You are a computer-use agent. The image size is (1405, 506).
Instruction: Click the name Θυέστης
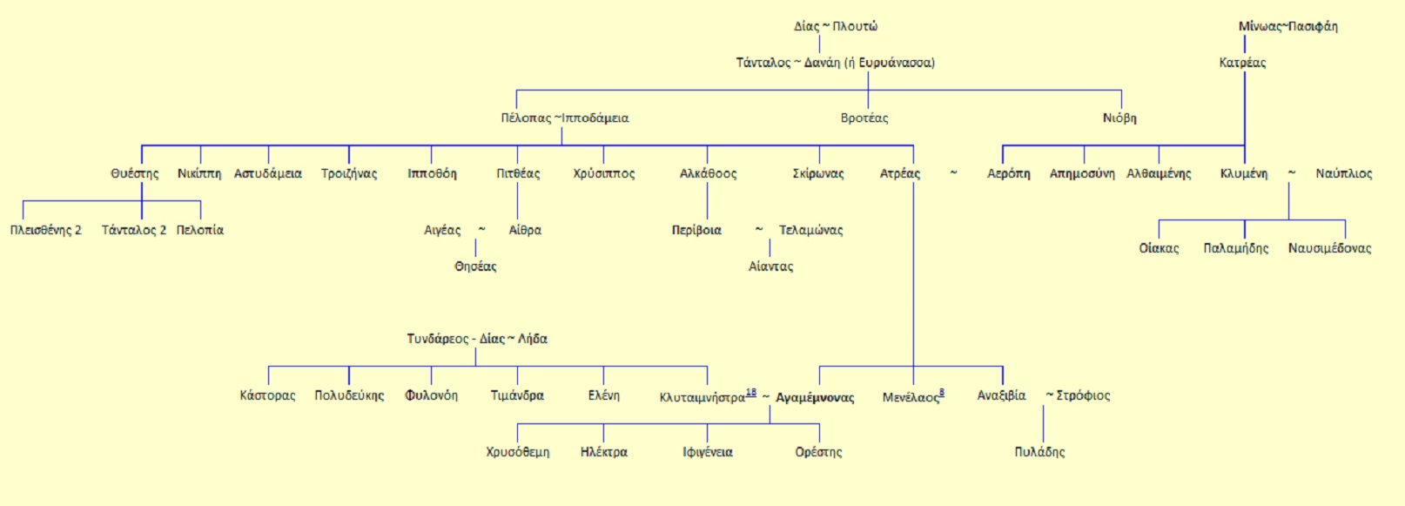[135, 173]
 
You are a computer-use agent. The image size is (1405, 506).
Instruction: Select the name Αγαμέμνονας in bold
[815, 397]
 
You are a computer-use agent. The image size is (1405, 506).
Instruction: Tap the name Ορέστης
[818, 452]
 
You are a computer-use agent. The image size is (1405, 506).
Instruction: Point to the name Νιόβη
[1119, 118]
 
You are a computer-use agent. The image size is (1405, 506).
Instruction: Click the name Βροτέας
[864, 118]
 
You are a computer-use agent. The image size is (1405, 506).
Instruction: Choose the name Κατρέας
[1242, 63]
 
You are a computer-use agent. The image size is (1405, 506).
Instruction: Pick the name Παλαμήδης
[1236, 248]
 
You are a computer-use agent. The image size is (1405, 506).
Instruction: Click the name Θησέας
[475, 266]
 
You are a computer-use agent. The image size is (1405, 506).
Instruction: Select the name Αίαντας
[771, 266]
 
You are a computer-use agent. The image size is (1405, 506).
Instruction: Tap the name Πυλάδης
[1039, 452]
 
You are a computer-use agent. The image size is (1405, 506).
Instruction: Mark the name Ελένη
[604, 395]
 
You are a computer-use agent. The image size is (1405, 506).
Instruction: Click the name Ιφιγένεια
[708, 452]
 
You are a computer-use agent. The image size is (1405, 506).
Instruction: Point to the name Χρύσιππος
[604, 173]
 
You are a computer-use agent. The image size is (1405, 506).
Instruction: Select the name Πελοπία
[200, 230]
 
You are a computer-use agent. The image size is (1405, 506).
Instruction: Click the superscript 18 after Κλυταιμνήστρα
[751, 392]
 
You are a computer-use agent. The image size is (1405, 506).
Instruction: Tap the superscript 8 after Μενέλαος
[942, 392]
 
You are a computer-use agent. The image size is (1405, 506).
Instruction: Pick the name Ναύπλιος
[1344, 173]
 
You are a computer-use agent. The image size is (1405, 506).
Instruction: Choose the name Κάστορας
[267, 395]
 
